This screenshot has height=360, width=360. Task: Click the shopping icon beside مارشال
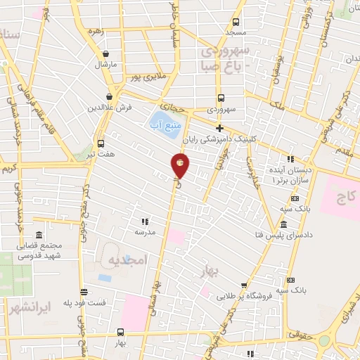pyautogui.click(x=105, y=53)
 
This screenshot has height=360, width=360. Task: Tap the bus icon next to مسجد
pyautogui.click(x=236, y=22)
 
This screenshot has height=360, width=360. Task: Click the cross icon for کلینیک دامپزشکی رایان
pyautogui.click(x=220, y=128)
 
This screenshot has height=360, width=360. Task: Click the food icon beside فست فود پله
pyautogui.click(x=84, y=292)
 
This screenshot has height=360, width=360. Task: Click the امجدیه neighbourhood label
pyautogui.click(x=127, y=260)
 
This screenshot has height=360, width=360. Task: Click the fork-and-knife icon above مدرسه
pyautogui.click(x=146, y=221)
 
